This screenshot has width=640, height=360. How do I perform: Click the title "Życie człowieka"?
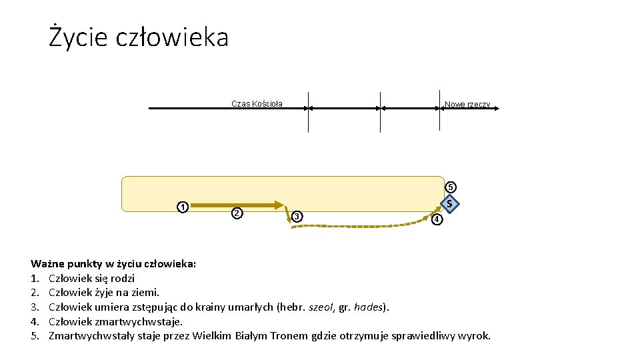(x=139, y=37)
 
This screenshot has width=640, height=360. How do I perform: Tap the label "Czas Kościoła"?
(x=257, y=104)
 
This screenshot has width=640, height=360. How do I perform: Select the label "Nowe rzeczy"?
(x=467, y=105)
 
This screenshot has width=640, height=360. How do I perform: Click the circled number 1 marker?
(x=181, y=206)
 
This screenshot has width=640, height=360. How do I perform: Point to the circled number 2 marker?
(x=235, y=213)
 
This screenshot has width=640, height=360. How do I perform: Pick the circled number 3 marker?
(x=297, y=215)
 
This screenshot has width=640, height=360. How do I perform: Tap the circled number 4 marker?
(x=436, y=219)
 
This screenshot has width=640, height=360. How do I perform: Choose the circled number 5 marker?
(x=451, y=187)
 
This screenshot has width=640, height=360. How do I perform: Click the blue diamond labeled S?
(x=451, y=203)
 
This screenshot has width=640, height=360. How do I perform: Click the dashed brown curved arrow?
(x=360, y=227)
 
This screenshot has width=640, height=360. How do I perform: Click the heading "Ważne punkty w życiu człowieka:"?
(x=114, y=264)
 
